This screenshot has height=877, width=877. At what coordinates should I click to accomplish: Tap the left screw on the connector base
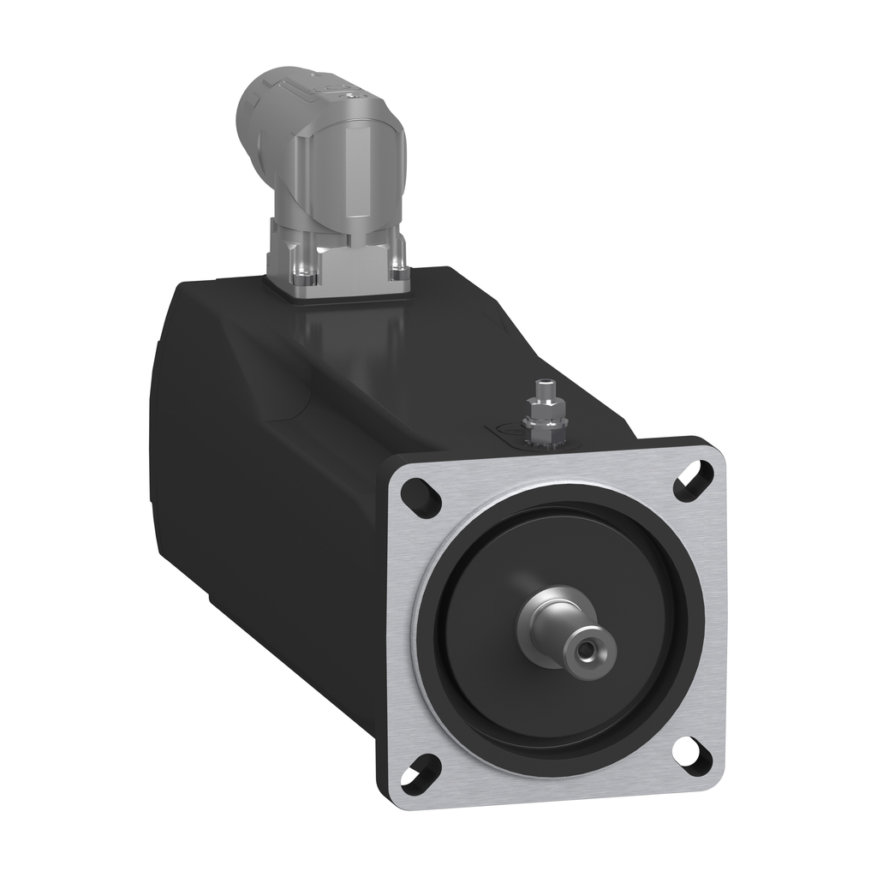point(302,277)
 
